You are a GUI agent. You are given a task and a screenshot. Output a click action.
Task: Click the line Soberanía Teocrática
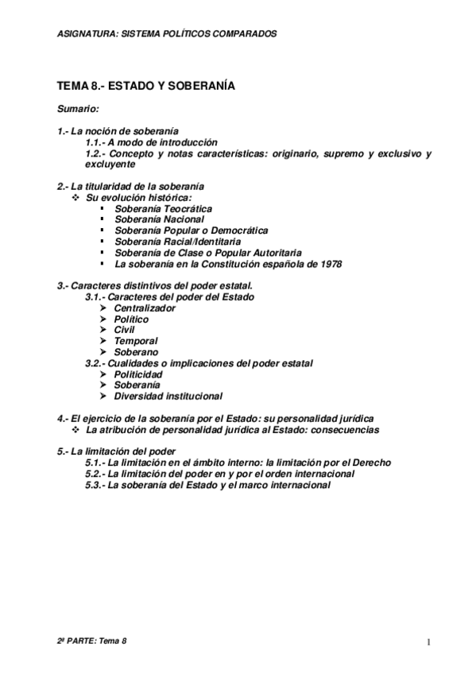point(163,208)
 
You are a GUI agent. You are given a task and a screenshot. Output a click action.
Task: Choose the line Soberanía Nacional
point(159,219)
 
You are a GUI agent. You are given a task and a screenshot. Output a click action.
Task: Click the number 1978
point(327,264)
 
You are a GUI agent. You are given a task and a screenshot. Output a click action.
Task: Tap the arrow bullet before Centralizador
point(104,308)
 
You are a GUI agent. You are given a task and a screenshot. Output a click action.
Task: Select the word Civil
point(124,330)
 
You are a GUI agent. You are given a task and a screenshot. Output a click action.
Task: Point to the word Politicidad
point(138,374)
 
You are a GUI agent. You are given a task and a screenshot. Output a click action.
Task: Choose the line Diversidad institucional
point(168,396)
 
